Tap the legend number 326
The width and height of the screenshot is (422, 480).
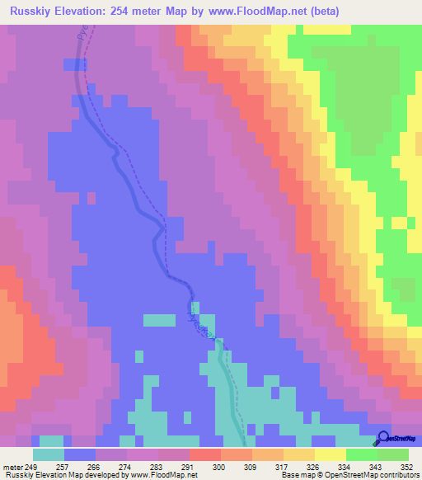tap(312, 468)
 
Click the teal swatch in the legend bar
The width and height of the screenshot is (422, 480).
tap(49, 454)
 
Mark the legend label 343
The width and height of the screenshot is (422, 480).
tap(374, 468)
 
